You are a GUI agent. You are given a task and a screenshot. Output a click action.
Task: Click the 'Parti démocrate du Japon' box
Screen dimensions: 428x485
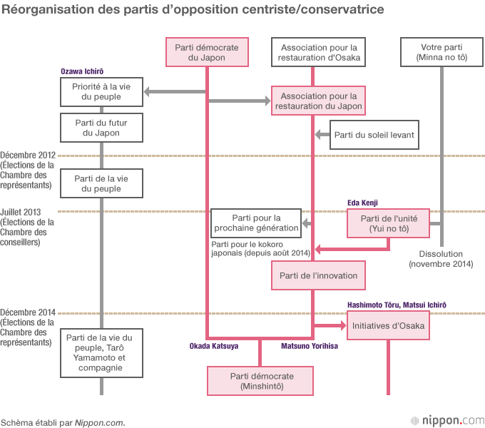[207, 52]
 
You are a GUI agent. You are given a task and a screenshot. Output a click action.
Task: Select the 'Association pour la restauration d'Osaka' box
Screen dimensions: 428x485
[315, 52]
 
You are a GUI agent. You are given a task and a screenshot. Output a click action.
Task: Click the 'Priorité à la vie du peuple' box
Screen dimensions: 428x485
[101, 91]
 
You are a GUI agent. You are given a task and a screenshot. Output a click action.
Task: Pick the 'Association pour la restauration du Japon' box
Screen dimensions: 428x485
[318, 101]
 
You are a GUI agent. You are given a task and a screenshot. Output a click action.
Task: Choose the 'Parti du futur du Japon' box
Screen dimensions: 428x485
[101, 128]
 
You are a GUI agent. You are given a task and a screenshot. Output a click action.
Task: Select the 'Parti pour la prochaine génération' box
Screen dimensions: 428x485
[255, 223]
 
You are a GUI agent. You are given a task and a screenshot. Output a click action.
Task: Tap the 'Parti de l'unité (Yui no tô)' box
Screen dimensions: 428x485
[389, 223]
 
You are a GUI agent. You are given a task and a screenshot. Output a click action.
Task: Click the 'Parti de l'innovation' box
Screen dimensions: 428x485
[318, 275]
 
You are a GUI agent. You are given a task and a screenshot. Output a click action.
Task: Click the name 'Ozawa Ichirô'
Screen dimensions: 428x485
[82, 72]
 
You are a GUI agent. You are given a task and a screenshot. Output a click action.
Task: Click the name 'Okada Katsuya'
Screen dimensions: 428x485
[213, 345]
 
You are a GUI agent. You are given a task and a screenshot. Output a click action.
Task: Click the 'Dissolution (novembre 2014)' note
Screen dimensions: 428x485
[441, 259]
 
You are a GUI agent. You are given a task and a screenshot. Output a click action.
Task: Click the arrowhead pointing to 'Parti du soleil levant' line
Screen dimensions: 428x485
[320, 134]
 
